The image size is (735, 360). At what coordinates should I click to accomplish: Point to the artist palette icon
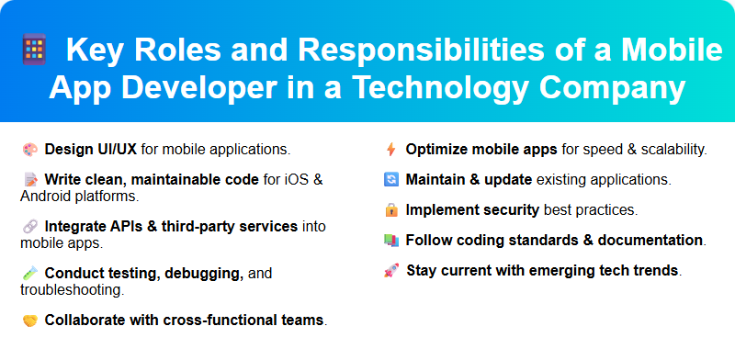pos(29,149)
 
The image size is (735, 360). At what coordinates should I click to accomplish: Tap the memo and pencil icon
pos(29,178)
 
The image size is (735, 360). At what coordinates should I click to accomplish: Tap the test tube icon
pos(29,274)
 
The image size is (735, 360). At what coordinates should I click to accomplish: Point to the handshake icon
pos(29,321)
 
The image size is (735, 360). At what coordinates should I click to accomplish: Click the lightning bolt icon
pos(390,149)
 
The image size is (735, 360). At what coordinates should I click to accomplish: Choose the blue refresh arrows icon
pos(390,179)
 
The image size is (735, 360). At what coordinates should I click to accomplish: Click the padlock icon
pos(390,210)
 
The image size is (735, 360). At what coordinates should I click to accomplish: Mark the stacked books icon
pos(390,241)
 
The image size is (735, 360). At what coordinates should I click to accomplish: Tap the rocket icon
pos(390,271)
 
